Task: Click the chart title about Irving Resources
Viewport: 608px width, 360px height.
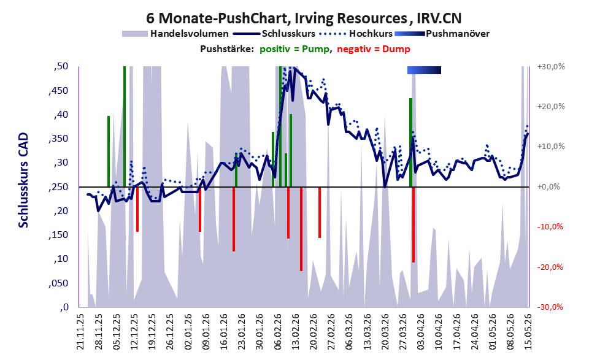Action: tap(304, 18)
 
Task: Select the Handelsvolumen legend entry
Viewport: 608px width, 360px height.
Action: tap(175, 34)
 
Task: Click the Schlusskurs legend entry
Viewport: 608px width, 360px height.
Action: tap(274, 34)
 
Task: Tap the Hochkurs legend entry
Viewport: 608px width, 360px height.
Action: tap(356, 34)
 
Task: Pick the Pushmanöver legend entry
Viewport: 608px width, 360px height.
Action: tap(442, 34)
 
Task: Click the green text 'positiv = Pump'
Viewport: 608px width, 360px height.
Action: tap(294, 49)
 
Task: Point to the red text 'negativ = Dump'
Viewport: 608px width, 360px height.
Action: tap(374, 49)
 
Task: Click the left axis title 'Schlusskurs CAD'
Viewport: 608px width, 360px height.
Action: tap(24, 180)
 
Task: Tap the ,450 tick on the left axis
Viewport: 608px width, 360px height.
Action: tap(58, 91)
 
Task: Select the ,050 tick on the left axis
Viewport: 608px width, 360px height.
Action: tap(58, 283)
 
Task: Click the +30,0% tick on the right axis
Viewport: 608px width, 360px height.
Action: tap(551, 67)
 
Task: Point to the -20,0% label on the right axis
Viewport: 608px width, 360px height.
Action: tap(550, 267)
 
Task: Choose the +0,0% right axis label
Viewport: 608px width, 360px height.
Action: tap(548, 187)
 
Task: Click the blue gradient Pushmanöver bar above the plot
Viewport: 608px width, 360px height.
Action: tap(424, 70)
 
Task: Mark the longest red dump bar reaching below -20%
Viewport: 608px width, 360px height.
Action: tap(301, 229)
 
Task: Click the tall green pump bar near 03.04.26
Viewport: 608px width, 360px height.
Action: tap(410, 143)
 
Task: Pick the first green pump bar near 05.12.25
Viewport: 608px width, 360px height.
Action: tap(109, 151)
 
